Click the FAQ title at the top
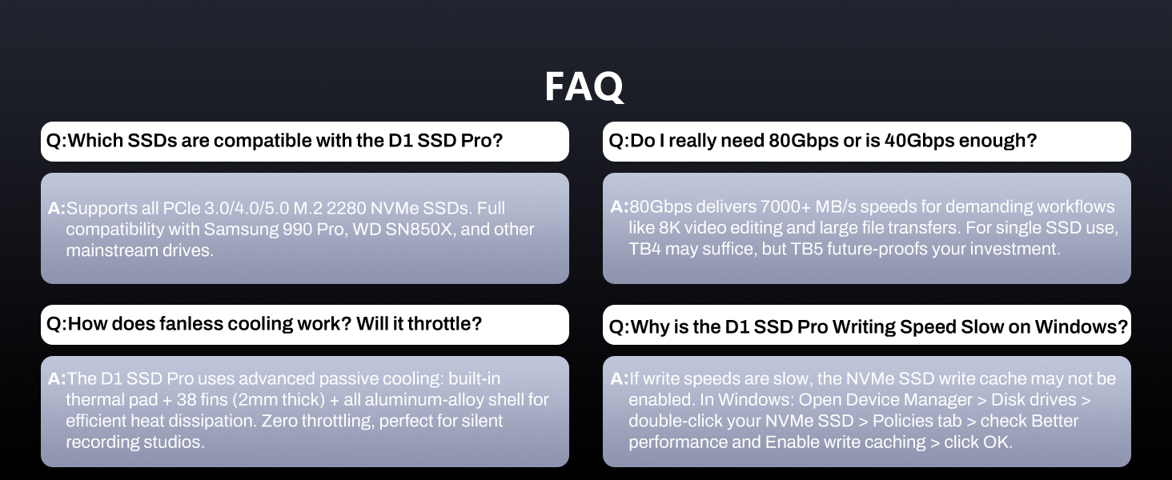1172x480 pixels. tap(584, 86)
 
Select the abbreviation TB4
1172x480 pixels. tap(645, 249)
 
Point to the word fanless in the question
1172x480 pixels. tap(190, 324)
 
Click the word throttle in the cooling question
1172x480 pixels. tap(439, 324)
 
